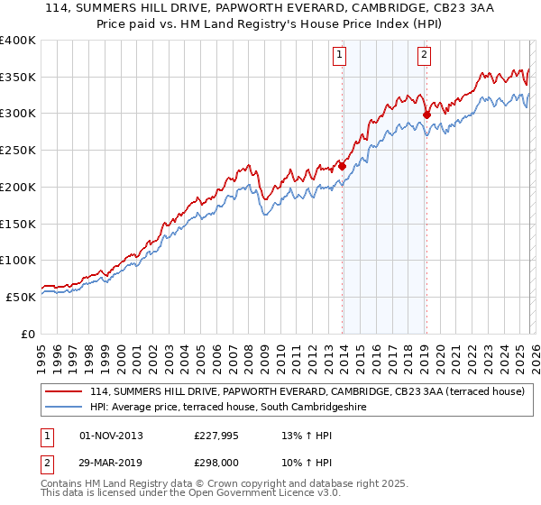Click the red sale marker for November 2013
[x=343, y=166]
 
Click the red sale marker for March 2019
[x=426, y=115]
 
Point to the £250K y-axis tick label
[x=18, y=150]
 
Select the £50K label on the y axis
[x=22, y=296]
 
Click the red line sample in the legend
[x=65, y=392]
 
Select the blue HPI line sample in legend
[x=65, y=408]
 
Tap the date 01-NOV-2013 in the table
[x=111, y=436]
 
